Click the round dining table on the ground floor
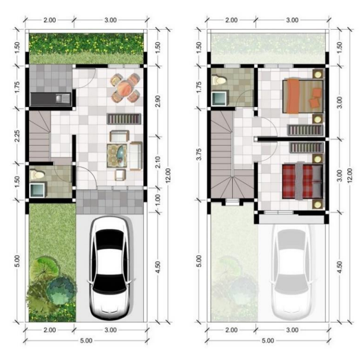[125, 88]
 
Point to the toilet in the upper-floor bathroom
[219, 80]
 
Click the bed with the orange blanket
[303, 96]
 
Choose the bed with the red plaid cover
[302, 181]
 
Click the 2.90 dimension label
[158, 102]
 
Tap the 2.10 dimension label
[158, 162]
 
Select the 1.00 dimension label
[158, 200]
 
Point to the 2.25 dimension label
[17, 136]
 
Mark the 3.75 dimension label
[199, 154]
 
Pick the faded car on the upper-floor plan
[292, 272]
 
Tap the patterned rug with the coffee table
[117, 156]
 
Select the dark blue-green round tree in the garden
[61, 290]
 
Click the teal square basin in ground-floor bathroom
[37, 190]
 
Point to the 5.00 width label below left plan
[86, 340]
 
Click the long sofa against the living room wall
[136, 156]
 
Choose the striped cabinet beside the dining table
[124, 119]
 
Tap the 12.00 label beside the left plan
[168, 176]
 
